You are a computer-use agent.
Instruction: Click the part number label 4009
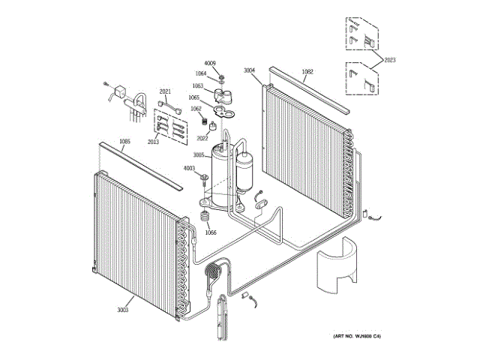coord(210,63)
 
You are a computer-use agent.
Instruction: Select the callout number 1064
coord(201,73)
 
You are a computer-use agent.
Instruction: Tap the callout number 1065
coord(194,97)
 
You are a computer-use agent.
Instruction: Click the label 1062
coord(196,109)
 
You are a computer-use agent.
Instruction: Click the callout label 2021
coord(166,92)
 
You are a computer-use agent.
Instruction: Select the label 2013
coord(153,142)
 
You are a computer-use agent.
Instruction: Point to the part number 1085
coord(124,142)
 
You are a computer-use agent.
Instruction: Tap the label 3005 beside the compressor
coord(199,155)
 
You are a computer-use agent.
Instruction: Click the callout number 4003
coord(189,169)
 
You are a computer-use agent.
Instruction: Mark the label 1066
coord(211,232)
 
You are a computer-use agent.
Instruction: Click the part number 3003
coord(123,310)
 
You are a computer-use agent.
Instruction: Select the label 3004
coord(250,70)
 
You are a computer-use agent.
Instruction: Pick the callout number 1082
coord(307,72)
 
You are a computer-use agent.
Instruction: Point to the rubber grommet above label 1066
coord(202,218)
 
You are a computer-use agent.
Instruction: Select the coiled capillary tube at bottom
coord(215,269)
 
